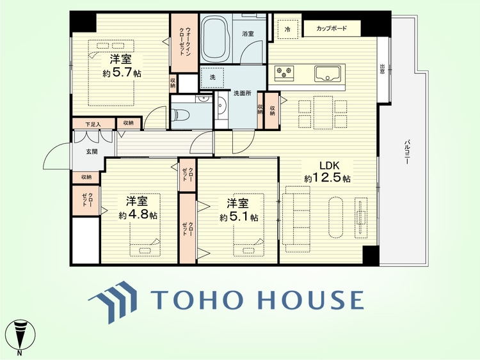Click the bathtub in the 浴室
(216, 38)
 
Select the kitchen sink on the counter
(327, 74)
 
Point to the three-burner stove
(284, 73)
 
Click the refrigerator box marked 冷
(288, 29)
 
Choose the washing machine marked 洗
(212, 77)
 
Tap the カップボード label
(332, 28)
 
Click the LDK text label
(330, 166)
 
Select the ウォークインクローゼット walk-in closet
(184, 43)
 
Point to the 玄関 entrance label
(92, 152)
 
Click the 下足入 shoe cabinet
(93, 124)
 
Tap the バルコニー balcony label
(407, 152)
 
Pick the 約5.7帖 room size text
(122, 73)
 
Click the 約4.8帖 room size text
(138, 215)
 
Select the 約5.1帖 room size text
(239, 217)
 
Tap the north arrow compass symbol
(20, 336)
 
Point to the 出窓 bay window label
(382, 70)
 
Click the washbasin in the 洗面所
(221, 106)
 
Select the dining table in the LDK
(323, 113)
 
